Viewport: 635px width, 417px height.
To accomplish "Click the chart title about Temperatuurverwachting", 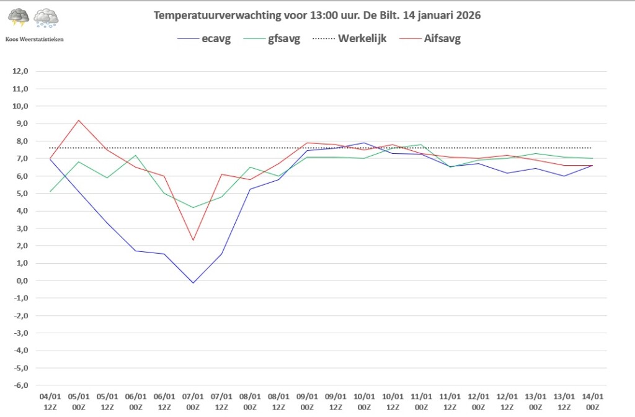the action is [x=317, y=16].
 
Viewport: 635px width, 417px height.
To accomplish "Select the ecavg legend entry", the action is [x=204, y=39].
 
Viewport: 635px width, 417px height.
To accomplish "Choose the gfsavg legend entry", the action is [x=272, y=39].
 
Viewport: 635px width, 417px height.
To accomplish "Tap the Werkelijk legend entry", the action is [x=350, y=38].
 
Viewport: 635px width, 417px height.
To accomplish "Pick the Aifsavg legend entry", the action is [x=430, y=39].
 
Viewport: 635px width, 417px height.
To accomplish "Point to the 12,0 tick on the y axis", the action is [x=20, y=71].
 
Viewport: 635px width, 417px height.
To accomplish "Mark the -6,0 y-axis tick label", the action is [x=20, y=385].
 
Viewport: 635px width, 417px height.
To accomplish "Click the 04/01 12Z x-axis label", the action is [x=50, y=401].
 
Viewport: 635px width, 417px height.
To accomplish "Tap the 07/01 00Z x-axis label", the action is [x=193, y=401].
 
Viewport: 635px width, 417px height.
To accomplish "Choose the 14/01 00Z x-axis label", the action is [x=592, y=401].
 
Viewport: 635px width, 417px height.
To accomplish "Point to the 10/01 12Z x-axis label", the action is [x=393, y=401].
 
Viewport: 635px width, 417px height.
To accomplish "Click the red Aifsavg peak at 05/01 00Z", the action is [x=79, y=120].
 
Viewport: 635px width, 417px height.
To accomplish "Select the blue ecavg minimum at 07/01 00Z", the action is [x=193, y=283].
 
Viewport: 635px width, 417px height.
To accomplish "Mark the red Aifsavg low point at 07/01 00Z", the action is [x=193, y=240].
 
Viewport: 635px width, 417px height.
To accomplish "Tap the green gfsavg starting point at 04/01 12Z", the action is [x=50, y=191].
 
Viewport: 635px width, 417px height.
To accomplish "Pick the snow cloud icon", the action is [x=46, y=18].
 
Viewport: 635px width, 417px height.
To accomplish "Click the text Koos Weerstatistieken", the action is [x=35, y=39].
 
